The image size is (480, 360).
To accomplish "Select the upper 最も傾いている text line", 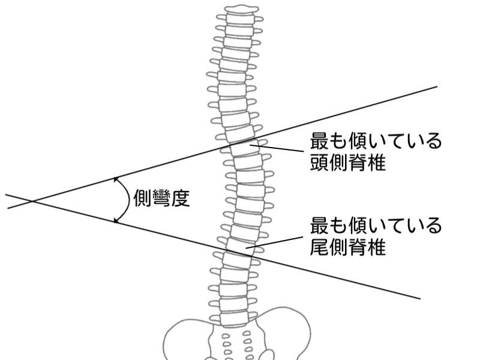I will click(376, 142).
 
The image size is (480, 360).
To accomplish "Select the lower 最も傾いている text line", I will click(376, 226).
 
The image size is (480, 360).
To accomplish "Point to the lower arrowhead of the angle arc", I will click(116, 221).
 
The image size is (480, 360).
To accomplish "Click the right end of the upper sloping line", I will click(436, 87).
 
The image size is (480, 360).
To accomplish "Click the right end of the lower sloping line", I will click(418, 298).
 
